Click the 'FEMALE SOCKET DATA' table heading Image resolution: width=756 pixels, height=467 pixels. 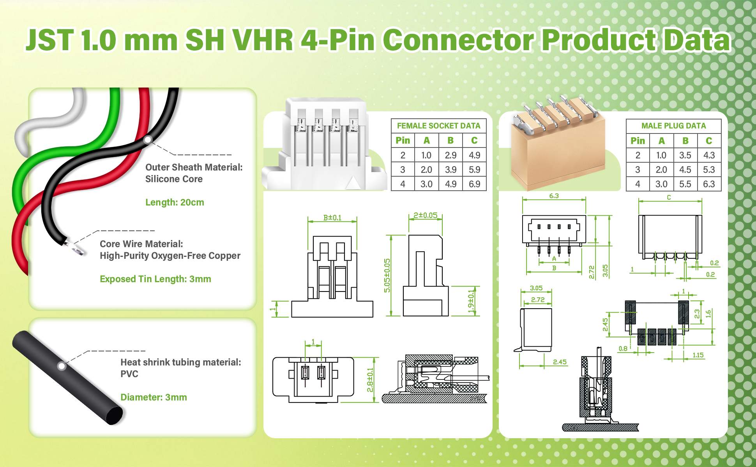coord(438,126)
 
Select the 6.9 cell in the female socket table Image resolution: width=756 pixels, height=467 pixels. coord(474,184)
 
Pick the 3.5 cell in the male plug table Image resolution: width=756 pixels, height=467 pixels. coord(685,155)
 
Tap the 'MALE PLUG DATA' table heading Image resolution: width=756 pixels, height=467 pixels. coord(673,126)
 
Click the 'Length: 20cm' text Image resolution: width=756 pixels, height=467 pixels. coord(175,202)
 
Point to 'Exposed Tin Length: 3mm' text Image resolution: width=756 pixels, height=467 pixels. coord(155,279)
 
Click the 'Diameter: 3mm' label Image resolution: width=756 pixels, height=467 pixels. coord(154,397)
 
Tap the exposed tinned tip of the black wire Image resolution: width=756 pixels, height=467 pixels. coord(76,248)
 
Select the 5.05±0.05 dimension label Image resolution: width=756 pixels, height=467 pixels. coord(387,276)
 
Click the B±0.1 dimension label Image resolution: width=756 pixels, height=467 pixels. coord(332,217)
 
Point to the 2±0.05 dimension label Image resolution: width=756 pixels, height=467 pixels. coord(425,215)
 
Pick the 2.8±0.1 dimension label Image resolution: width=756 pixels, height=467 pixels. coord(370,379)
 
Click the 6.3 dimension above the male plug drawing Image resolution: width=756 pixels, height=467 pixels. coord(554,196)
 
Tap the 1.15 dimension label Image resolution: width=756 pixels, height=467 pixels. coord(698,355)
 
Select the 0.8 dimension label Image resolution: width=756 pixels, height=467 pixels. coord(623,348)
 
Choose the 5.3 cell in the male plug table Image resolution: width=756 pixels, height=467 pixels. coord(709,170)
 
